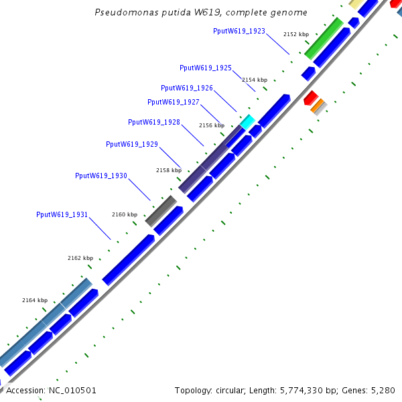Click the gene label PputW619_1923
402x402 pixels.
[239, 31]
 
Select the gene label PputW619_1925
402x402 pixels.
[206, 68]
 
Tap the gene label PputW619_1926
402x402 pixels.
[187, 88]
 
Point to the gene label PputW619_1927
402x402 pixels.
[174, 102]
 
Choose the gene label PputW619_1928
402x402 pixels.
[154, 122]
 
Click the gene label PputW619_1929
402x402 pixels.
[132, 144]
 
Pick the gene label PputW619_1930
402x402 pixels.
[101, 176]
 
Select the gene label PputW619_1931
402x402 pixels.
[62, 214]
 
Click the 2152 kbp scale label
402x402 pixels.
[296, 33]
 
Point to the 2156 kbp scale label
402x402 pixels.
[212, 125]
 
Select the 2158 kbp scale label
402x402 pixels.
[169, 170]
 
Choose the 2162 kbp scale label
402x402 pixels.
[80, 258]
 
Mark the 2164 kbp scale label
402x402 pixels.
[35, 300]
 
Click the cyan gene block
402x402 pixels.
[248, 121]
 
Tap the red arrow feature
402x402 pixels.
[310, 98]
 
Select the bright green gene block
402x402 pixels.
[324, 38]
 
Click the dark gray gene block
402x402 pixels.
[161, 210]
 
